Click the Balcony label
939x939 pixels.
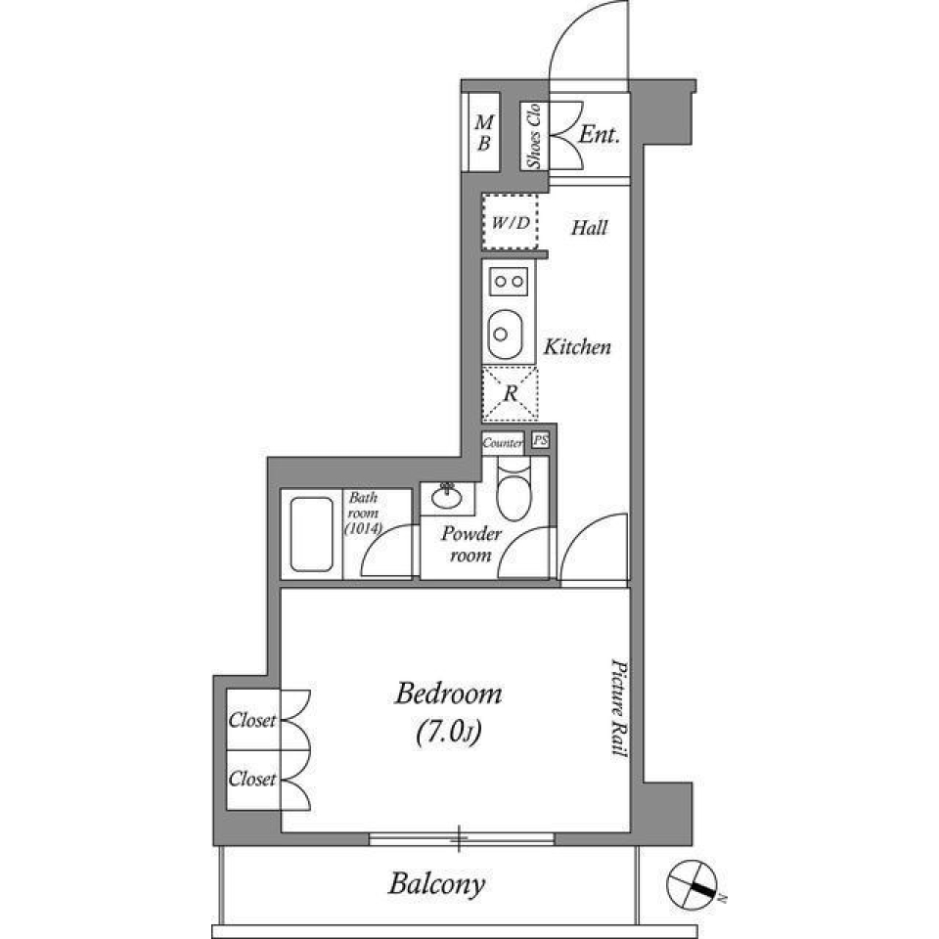click(436, 885)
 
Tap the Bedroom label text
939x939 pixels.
click(448, 694)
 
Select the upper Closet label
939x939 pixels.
click(251, 722)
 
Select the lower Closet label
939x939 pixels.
click(251, 780)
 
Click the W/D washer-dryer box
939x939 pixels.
click(511, 223)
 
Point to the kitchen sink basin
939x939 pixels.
click(507, 335)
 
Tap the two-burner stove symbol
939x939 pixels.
click(509, 282)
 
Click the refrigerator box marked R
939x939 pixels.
click(510, 393)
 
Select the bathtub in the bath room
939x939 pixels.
click(312, 535)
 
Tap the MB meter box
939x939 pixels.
click(483, 133)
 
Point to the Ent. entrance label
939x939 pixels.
click(599, 135)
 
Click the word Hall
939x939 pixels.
click(589, 228)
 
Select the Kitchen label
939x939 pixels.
click(577, 346)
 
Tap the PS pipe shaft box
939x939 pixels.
click(540, 441)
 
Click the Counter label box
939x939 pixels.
click(503, 443)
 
